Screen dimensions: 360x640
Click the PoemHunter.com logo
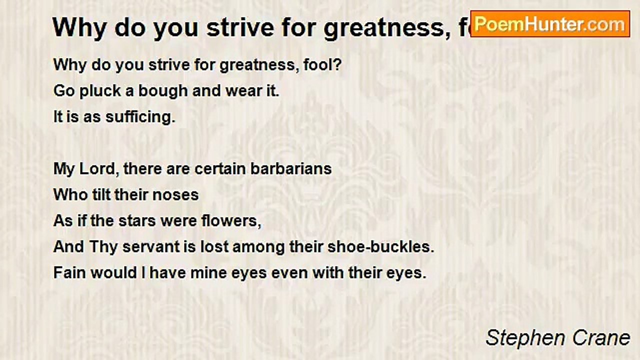click(550, 24)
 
